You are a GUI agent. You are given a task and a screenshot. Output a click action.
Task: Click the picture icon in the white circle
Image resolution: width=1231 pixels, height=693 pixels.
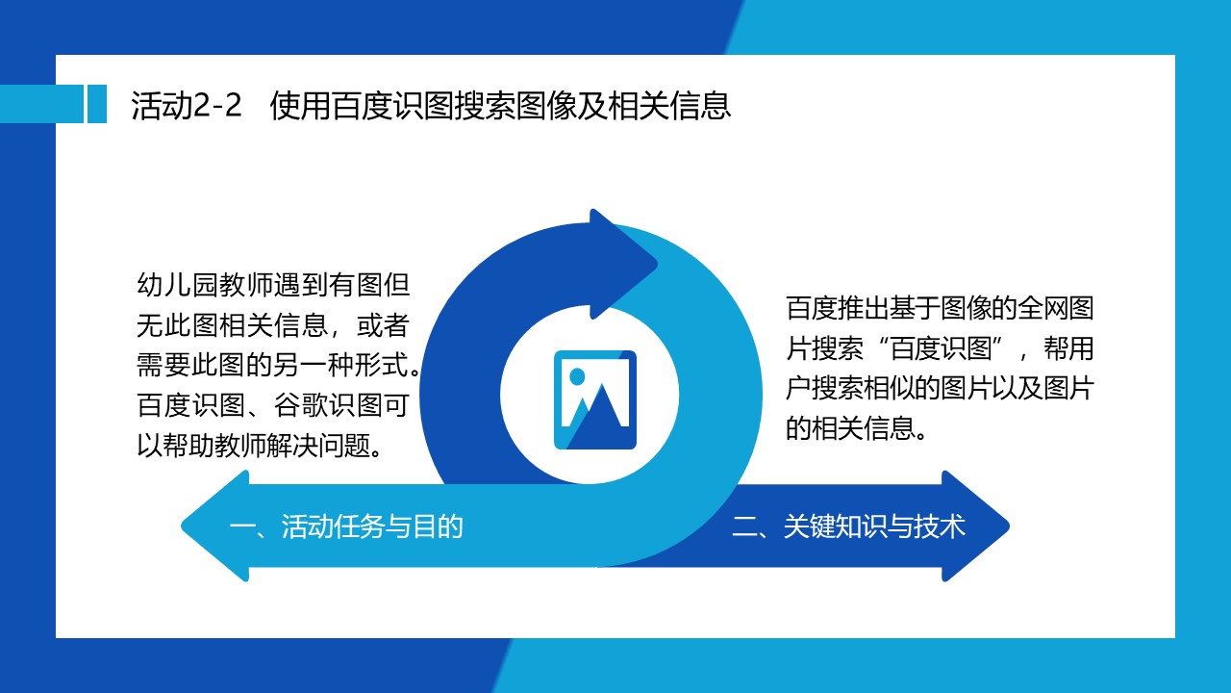(595, 399)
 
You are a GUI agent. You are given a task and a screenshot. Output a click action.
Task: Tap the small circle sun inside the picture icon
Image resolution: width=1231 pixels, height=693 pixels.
(577, 376)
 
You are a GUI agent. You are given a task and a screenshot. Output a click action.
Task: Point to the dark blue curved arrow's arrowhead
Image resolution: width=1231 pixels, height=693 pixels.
(624, 264)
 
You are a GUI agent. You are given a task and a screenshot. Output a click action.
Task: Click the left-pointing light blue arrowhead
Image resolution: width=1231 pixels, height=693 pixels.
(215, 526)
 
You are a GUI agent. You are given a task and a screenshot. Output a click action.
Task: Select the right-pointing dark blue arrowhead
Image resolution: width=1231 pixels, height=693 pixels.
(975, 526)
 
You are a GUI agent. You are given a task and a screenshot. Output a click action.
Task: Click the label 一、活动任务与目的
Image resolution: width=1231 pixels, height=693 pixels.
(345, 526)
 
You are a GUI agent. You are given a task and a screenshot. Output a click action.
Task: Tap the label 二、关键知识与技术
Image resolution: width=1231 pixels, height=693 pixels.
(848, 526)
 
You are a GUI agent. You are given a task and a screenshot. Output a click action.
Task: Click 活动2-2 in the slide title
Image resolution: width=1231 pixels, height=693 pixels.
(187, 105)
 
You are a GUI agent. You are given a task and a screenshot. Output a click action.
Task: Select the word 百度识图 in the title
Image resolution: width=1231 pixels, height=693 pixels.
(391, 105)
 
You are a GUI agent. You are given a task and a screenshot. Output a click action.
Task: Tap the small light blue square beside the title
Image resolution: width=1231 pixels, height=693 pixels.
(97, 103)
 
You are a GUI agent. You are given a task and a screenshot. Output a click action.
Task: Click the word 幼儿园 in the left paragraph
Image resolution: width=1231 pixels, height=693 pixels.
(177, 285)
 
